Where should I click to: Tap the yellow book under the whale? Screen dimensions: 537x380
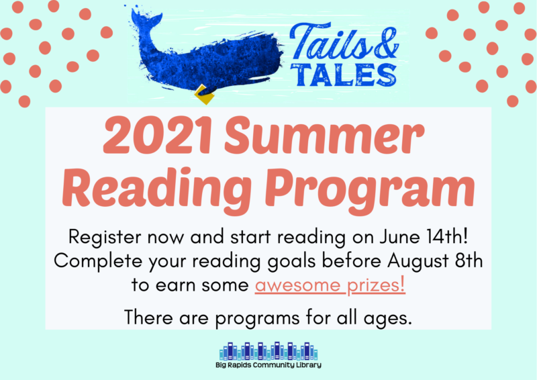pyautogui.click(x=205, y=95)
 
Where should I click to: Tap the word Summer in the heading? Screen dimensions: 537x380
pyautogui.click(x=324, y=136)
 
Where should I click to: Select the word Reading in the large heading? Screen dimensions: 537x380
pyautogui.click(x=156, y=189)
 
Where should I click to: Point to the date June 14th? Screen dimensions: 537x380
pyautogui.click(x=423, y=237)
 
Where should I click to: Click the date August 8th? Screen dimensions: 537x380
pyautogui.click(x=435, y=261)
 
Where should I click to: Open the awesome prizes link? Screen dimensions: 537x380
pyautogui.click(x=330, y=285)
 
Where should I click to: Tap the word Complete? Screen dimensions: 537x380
pyautogui.click(x=98, y=262)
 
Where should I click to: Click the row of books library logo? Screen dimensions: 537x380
pyautogui.click(x=268, y=351)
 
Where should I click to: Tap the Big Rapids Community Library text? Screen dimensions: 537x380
pyautogui.click(x=268, y=365)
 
